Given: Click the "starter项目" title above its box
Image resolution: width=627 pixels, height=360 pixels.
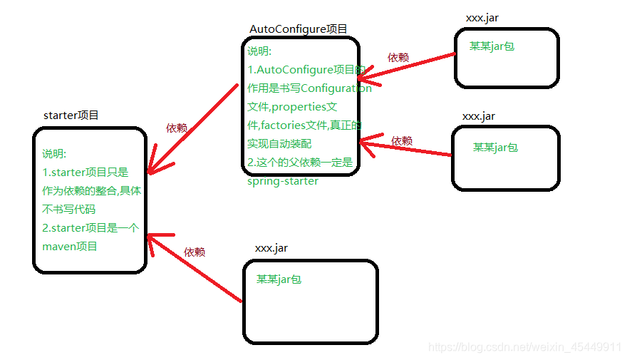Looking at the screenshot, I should point(71,115).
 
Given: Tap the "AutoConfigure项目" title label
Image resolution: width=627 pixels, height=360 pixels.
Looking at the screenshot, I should point(298,29).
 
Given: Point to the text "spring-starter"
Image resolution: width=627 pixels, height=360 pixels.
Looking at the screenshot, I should point(283,180).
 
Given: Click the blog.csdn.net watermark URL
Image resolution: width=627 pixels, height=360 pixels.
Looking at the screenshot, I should point(524,346).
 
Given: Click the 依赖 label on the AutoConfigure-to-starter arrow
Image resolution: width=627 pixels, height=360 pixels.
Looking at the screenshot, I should point(177,128).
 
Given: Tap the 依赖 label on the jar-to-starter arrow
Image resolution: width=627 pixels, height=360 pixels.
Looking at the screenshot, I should point(195,252).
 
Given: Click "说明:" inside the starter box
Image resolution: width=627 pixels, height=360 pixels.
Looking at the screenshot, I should point(54,153).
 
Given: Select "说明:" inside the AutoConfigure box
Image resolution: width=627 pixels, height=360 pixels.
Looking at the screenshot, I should point(260,51).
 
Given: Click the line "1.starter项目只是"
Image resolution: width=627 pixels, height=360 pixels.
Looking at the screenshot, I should point(85,172).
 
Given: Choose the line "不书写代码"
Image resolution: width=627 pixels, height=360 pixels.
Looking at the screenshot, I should point(68,209).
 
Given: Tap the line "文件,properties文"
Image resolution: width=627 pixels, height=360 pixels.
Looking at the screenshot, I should point(291,107).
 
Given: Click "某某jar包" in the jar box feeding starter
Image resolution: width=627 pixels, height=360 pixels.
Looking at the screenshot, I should point(279,279).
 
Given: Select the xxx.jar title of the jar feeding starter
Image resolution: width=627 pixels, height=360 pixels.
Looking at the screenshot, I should point(271,247).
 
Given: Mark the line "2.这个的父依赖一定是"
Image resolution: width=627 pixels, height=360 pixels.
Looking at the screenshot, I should point(300,163).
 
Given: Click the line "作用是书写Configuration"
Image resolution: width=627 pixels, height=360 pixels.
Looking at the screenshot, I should point(309,88).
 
